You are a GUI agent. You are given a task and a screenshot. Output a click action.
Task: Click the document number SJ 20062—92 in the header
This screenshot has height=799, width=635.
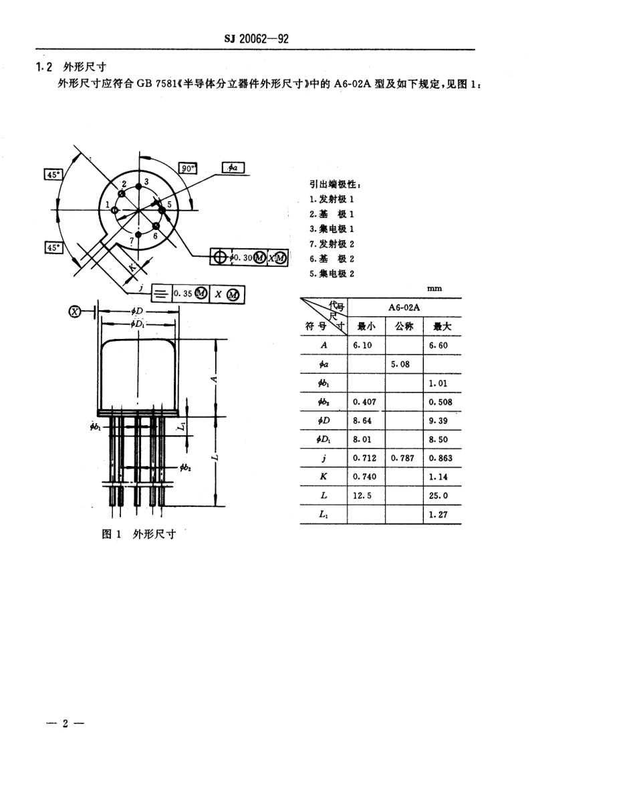coord(256,39)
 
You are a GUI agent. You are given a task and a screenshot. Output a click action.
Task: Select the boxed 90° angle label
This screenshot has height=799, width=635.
coord(188,168)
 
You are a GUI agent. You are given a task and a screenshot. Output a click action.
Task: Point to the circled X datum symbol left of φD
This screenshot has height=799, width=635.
coord(75,311)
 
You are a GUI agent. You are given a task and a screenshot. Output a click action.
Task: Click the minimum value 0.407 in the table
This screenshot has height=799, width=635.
coord(364,402)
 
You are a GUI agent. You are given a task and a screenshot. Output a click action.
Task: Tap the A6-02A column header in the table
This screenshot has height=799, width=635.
coord(403,307)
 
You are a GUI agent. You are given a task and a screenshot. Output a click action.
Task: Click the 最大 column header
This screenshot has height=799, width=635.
coord(442,327)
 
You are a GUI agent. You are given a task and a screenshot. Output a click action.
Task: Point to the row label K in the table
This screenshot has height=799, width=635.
coord(324,477)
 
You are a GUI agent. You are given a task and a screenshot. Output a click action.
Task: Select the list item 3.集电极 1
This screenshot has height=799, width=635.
coord(332,229)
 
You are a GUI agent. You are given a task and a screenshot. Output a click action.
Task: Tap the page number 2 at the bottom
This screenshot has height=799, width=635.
coord(65,724)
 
